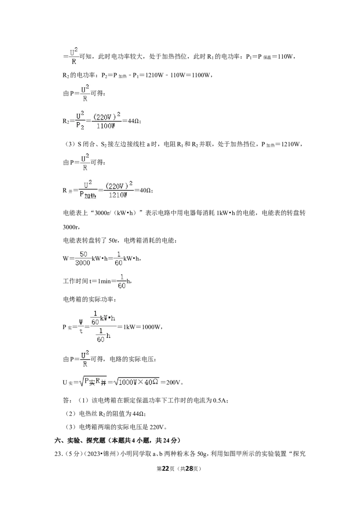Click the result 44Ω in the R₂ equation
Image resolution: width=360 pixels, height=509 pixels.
134,121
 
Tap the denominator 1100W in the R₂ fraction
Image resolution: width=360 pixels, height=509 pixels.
106,126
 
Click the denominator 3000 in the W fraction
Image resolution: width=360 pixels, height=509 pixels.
82,263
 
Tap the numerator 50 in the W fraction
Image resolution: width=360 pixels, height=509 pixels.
83,254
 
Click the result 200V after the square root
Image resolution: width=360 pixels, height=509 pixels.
173,382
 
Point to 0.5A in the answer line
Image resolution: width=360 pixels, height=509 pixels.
219,401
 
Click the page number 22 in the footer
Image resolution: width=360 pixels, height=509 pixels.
166,469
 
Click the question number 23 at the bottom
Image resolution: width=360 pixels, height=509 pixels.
58,454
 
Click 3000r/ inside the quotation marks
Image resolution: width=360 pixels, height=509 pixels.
103,213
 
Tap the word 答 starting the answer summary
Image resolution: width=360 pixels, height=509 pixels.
66,401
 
